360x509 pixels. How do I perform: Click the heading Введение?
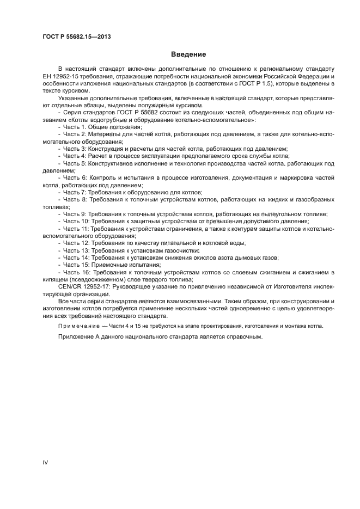188,54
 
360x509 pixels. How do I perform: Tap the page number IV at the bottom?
46,462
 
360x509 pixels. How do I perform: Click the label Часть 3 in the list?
74,149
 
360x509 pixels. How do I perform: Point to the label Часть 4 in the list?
74,156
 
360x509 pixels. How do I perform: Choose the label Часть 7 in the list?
74,193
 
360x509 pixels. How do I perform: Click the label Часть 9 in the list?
74,214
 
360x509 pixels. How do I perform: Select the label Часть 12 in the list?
76,243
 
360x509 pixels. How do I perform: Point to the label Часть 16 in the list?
76,272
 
